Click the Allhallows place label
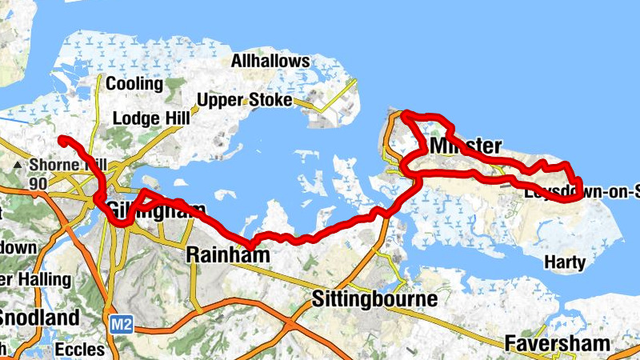pos(270,61)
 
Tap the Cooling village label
pos(134,84)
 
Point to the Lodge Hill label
pos(151,118)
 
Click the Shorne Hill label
pos(67,166)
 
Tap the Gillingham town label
pos(148,211)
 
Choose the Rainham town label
pos(223,255)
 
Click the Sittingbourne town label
pos(374,300)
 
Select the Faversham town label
pos(557,344)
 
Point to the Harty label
pos(564,262)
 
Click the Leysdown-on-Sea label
pos(582,192)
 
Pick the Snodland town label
pos(39,318)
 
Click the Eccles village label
pos(80,349)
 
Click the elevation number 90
pos(38,184)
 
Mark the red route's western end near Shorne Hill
pos(62,140)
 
